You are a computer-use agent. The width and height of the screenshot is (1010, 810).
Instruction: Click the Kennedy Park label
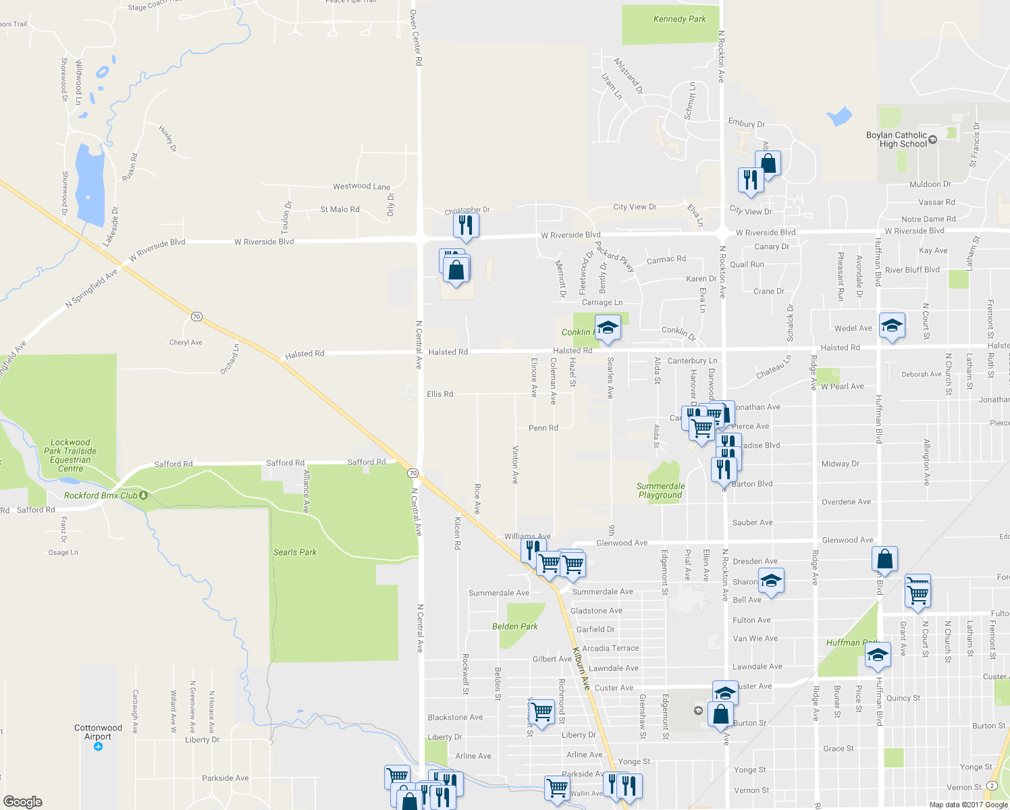point(679,19)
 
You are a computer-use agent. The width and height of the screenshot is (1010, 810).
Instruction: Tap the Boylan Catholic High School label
point(897,140)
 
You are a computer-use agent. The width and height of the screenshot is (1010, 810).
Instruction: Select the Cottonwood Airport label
point(98,732)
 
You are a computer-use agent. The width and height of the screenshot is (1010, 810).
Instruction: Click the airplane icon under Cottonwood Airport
point(99,747)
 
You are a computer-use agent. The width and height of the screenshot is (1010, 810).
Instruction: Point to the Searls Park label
point(295,552)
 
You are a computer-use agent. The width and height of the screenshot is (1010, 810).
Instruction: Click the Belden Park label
point(515,626)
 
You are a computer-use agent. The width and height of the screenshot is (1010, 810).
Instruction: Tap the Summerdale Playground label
point(660,491)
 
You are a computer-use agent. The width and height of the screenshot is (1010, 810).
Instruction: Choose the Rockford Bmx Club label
point(101,495)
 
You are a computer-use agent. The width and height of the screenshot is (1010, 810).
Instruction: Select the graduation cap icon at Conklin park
point(608,327)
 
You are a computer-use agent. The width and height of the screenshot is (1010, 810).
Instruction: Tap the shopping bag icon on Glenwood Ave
point(884,559)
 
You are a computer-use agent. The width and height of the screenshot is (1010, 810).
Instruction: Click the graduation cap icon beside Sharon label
point(771,580)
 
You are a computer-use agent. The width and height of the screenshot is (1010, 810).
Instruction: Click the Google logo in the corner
point(23,802)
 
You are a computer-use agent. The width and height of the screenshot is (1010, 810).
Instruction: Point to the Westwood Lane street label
point(361,186)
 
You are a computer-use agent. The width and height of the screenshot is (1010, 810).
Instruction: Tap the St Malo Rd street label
point(340,210)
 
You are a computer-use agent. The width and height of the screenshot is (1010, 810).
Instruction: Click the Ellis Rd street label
point(440,394)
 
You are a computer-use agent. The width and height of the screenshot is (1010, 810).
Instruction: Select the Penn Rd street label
point(543,428)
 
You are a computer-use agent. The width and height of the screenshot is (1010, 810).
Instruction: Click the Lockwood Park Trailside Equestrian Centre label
point(70,456)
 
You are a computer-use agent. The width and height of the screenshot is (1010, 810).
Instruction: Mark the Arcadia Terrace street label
point(610,648)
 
